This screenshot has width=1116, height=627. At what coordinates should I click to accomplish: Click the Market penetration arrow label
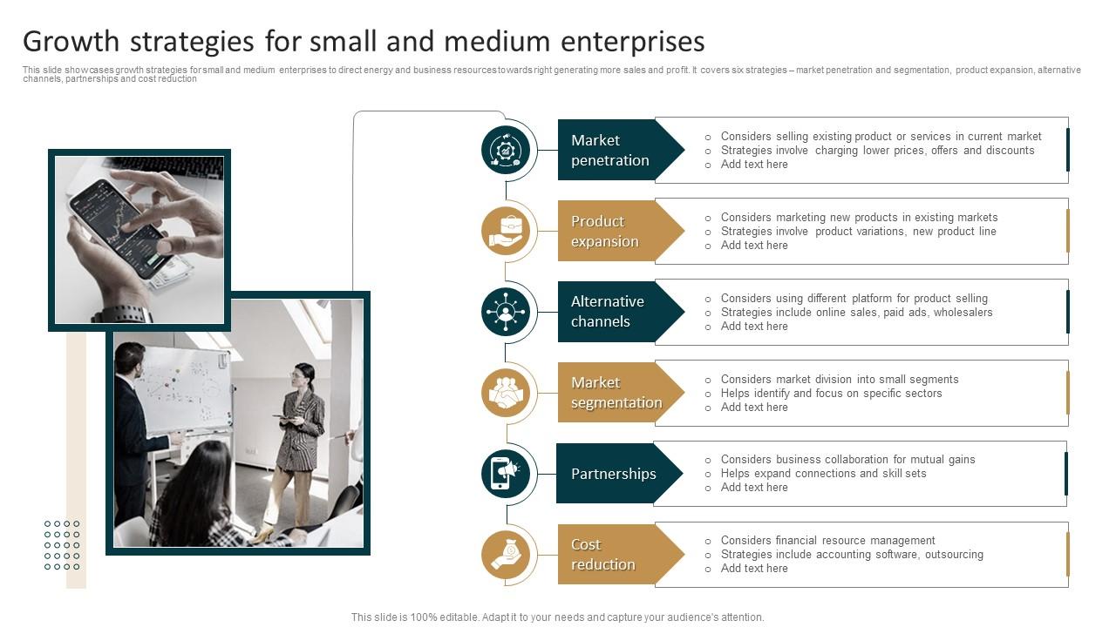point(620,150)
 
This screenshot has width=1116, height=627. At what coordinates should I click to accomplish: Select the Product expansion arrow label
point(620,231)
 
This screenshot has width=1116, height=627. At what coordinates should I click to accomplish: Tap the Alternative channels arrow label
point(620,312)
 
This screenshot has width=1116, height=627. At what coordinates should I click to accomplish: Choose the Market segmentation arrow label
point(620,393)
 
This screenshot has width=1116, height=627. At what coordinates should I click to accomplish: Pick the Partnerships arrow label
point(619,473)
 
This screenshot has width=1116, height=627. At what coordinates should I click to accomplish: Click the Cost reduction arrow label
point(620,555)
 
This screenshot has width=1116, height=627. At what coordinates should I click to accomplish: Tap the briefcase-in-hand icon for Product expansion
point(506,231)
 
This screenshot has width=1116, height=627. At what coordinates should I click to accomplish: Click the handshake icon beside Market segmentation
point(506,393)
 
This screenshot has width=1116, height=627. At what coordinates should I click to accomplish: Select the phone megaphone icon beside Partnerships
point(506,474)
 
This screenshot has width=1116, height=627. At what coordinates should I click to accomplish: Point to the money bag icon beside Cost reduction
point(506,555)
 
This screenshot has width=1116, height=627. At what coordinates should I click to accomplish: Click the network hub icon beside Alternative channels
point(506,312)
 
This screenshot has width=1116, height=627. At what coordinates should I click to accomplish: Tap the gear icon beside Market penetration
point(506,150)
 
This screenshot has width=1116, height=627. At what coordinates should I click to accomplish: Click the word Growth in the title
point(71,42)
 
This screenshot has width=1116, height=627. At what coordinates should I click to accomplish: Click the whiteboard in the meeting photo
point(187,391)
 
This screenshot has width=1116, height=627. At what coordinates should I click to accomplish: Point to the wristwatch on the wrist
point(122,314)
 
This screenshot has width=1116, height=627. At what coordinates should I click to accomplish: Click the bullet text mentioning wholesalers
point(856,313)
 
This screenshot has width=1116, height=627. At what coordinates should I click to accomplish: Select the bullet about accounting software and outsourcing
point(852,555)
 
